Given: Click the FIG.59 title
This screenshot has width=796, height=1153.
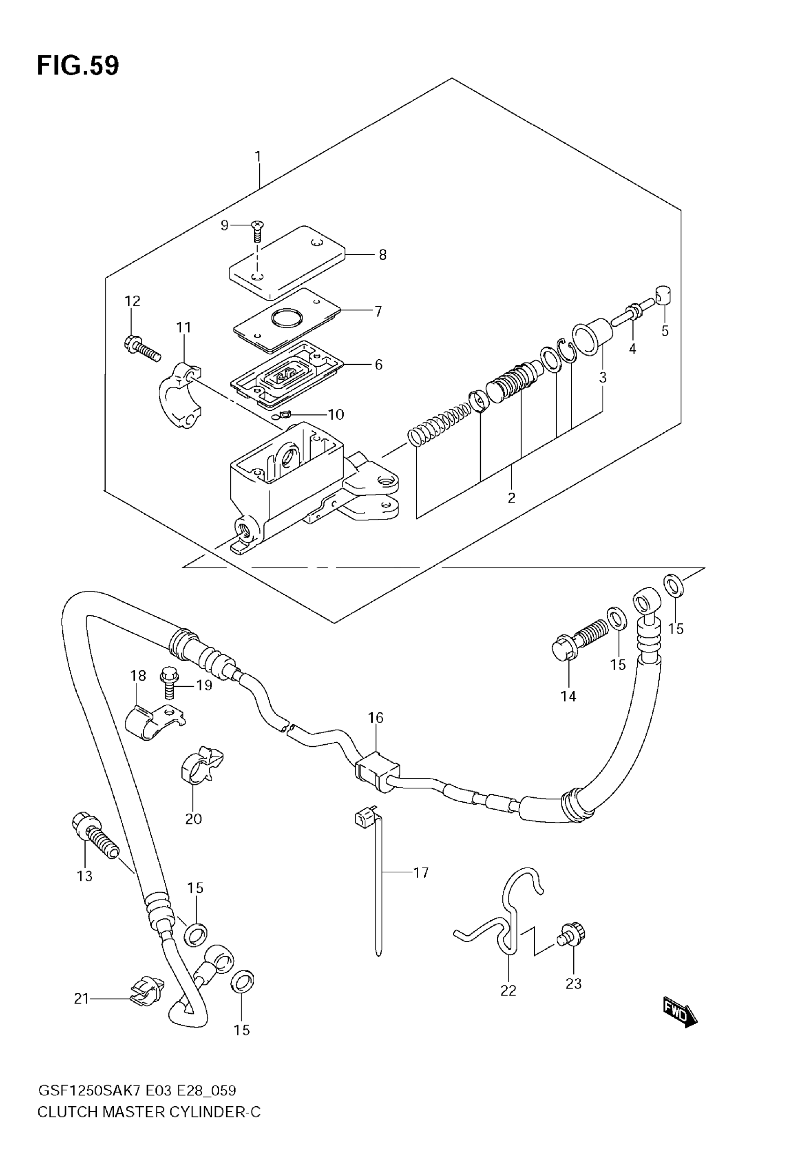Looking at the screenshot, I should click(x=78, y=66).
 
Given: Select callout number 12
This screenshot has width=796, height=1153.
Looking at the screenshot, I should click(x=132, y=301).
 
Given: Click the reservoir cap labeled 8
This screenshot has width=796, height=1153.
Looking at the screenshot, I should click(x=287, y=262).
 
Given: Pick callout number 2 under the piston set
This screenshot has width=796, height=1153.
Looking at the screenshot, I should click(x=511, y=498).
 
